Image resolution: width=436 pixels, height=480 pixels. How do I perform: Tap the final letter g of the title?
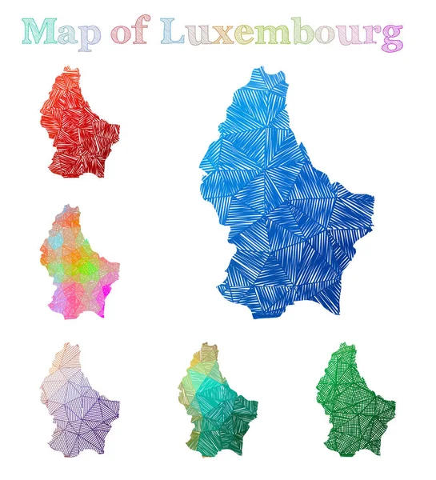coord(390,36)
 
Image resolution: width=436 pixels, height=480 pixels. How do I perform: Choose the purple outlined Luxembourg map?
coord(77,400)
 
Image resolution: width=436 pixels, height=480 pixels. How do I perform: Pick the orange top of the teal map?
coord(206,352)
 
